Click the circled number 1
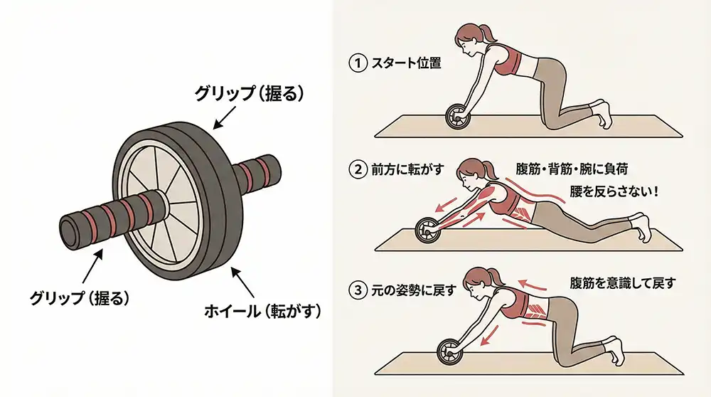pos(358,63)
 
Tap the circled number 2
pos(358,170)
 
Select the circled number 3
pos(358,290)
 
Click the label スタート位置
pos(406,63)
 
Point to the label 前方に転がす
pos(407,170)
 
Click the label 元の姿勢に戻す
pos(413,290)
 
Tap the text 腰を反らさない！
pos(614,191)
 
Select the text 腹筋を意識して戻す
pos(623,284)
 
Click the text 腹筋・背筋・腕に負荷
pos(572,169)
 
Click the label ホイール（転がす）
pos(262,311)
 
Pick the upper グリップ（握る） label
pos(249,93)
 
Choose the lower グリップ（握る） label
pos(80,297)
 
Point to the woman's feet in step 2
pos(641,226)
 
